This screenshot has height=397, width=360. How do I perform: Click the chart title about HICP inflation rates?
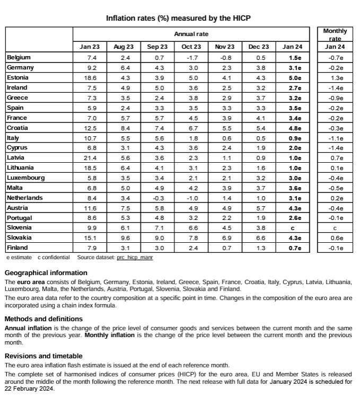click(178, 18)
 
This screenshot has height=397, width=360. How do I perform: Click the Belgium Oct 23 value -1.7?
click(191, 57)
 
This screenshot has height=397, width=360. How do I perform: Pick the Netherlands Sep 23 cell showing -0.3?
click(157, 198)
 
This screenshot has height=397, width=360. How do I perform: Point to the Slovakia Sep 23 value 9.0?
click(157, 237)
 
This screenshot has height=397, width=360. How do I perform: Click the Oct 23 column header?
click(191, 47)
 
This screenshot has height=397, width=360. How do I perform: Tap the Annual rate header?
click(191, 34)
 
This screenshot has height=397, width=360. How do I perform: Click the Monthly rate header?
click(335, 35)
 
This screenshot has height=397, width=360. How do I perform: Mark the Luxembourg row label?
click(25, 178)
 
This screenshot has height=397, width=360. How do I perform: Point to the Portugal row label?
click(20, 218)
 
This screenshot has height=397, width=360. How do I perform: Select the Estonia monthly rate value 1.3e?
click(335, 77)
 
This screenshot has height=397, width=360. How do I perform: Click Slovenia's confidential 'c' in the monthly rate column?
click(335, 228)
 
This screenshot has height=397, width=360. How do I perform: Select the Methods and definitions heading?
click(43, 319)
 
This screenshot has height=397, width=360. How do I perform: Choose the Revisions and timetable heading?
click(43, 356)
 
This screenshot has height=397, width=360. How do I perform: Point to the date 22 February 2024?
click(29, 388)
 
